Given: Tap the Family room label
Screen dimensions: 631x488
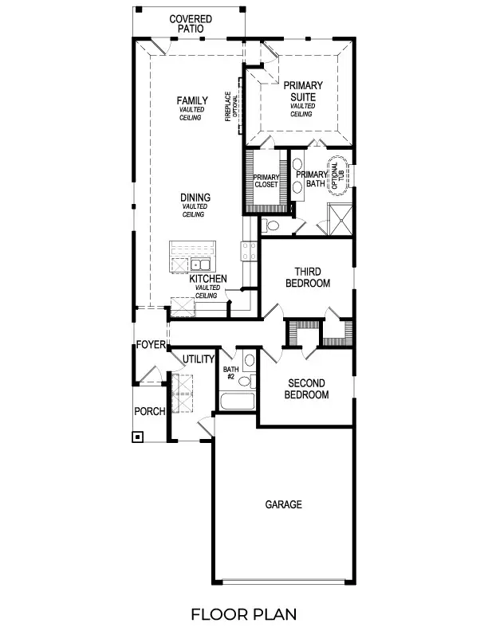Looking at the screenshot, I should [192, 100].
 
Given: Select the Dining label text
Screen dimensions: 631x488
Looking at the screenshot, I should [195, 198].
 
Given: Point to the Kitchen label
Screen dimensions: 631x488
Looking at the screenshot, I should [207, 279].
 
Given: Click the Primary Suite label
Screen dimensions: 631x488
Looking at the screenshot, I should [302, 91].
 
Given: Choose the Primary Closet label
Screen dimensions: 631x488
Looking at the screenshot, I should [266, 182].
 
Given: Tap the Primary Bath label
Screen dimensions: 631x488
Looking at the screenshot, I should [311, 179].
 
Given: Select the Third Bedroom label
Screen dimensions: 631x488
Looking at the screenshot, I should [307, 277].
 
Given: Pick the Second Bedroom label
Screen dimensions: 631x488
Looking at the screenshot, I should [307, 388].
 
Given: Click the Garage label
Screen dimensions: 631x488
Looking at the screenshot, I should [283, 504].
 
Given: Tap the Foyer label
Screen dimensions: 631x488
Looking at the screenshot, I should [150, 345].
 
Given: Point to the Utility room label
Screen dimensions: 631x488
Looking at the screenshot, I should [198, 359].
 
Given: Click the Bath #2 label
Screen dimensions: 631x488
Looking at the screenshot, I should [231, 374].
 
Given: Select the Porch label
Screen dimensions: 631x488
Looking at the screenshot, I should [150, 411].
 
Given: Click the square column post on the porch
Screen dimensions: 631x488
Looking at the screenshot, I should [138, 437].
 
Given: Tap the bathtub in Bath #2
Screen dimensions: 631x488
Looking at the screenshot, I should [237, 400].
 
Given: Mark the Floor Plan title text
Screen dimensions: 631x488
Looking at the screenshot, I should [243, 613].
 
